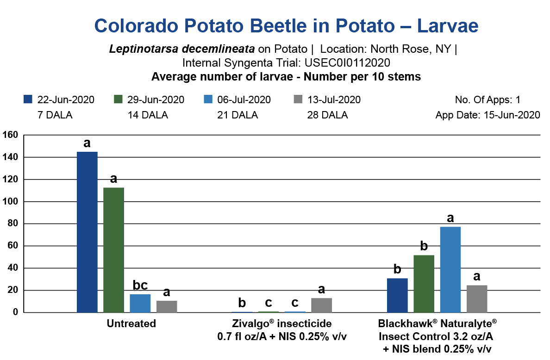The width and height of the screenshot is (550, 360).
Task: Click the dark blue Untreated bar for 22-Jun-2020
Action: tap(87, 232)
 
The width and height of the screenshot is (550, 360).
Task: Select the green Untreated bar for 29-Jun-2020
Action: tap(113, 250)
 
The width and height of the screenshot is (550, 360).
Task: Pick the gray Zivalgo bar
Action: tap(321, 305)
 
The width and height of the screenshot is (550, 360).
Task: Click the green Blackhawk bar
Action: tap(424, 284)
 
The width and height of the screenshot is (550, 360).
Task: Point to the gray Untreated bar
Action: tap(167, 306)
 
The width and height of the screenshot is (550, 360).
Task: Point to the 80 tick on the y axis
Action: tap(12, 224)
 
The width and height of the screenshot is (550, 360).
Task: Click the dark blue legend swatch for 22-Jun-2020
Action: tap(28, 99)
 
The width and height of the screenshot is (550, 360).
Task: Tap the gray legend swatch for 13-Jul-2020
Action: tap(298, 99)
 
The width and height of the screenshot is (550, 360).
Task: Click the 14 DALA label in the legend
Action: tap(148, 115)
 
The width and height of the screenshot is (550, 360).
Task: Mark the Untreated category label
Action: tap(131, 324)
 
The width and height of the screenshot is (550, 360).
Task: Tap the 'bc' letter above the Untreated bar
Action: tap(140, 285)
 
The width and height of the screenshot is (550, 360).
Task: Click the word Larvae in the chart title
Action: tap(448, 26)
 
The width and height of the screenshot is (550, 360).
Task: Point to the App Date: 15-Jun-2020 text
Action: tap(487, 115)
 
